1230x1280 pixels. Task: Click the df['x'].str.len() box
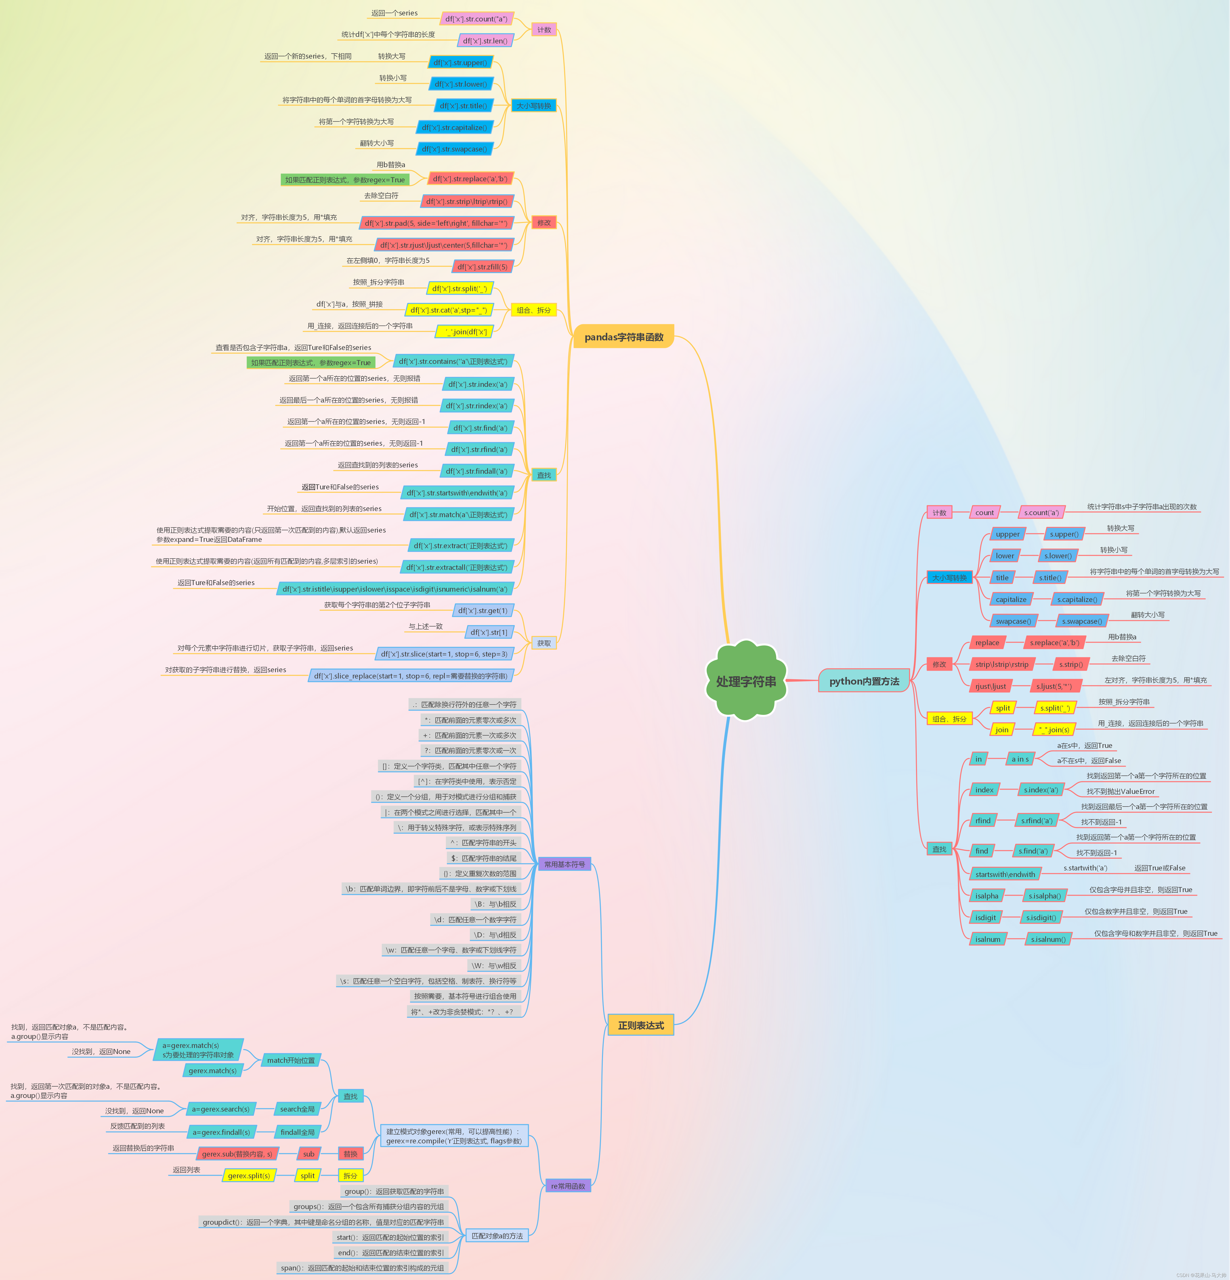click(x=485, y=40)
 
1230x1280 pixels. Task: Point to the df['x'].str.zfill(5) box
click(x=482, y=266)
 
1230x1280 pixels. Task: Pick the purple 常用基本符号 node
click(x=565, y=864)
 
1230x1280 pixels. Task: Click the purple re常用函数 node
click(x=568, y=1186)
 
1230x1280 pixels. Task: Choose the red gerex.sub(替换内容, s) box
click(x=237, y=1154)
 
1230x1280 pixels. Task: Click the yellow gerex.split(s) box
click(x=249, y=1175)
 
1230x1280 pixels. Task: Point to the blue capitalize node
click(x=1011, y=599)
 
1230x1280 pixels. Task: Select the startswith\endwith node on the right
click(x=1005, y=874)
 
